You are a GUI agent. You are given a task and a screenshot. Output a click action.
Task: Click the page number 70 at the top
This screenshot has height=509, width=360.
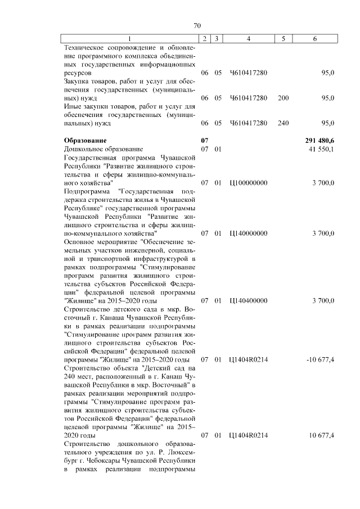click(197, 25)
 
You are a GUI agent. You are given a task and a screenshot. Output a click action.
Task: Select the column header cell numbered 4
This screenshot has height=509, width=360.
click(248, 38)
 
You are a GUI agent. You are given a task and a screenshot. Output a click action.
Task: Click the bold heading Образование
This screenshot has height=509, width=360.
click(85, 140)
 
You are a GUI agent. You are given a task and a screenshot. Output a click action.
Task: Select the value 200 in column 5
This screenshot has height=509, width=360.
click(283, 98)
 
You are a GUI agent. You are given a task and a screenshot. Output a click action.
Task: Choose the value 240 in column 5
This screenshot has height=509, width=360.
click(283, 123)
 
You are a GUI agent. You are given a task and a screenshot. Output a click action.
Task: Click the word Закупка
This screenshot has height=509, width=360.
click(78, 81)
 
